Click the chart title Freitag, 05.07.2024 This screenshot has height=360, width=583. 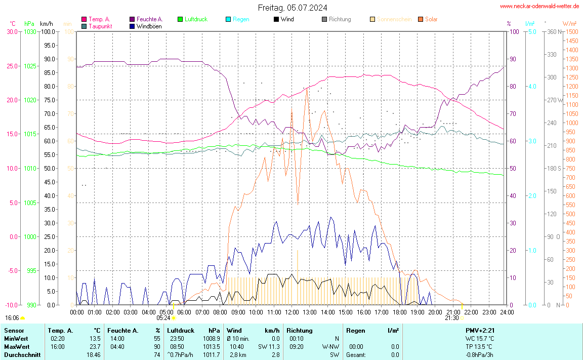point(292,8)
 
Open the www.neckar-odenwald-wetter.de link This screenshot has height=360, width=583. point(539,6)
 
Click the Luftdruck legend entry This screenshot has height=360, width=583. point(196,19)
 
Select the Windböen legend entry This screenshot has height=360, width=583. point(149,26)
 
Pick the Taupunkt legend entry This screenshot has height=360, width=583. point(100,26)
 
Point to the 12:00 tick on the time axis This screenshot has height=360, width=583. point(291,312)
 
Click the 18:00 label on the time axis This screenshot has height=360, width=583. point(399,312)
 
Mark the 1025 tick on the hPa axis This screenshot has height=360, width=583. point(30,66)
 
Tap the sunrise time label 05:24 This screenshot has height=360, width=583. point(163,318)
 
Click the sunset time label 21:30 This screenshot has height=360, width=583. point(451,318)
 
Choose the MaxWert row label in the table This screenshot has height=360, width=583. point(16,347)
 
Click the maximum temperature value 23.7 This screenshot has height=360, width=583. point(95,347)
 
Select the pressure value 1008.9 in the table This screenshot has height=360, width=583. point(211,339)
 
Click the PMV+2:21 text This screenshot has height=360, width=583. point(480,331)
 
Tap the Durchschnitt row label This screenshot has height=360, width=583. point(22,355)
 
